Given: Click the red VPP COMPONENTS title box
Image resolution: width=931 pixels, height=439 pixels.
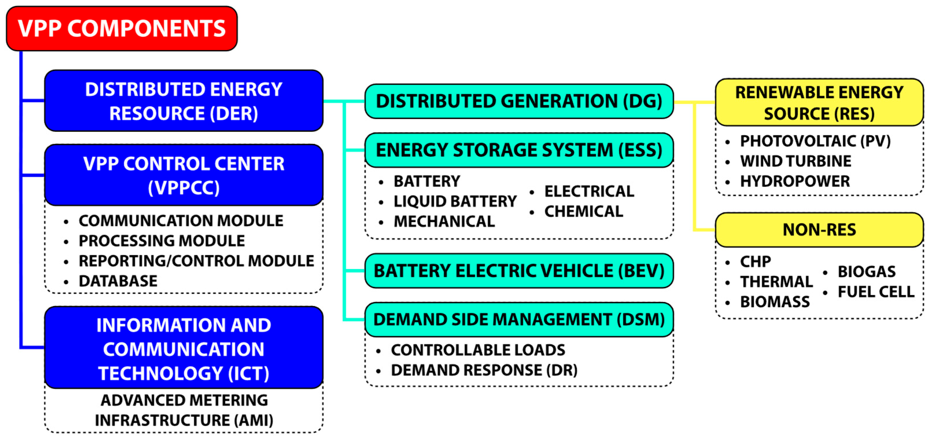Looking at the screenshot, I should click(x=122, y=29).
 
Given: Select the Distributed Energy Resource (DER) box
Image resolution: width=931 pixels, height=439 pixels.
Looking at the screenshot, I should click(x=184, y=101).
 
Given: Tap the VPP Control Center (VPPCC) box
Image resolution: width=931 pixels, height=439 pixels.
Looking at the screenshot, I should click(x=184, y=175).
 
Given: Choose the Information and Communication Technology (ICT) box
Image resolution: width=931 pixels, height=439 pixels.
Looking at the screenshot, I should click(x=184, y=348).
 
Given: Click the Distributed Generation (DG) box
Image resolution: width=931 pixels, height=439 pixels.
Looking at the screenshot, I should click(x=519, y=101).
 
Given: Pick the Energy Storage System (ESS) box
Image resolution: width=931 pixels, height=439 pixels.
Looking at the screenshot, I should click(x=519, y=150).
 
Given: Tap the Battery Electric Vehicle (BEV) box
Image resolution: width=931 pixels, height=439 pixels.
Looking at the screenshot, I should click(x=519, y=271).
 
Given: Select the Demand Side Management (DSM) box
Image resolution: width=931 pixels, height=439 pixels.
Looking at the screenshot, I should click(x=519, y=319).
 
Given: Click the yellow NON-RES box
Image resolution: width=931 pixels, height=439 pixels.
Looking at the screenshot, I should click(x=819, y=230).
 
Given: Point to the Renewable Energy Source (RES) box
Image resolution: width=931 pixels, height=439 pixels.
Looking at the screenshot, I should click(x=819, y=103).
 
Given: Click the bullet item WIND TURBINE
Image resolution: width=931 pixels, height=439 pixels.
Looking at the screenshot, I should click(x=795, y=161).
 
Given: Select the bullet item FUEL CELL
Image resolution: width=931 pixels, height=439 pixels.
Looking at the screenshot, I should click(x=876, y=292).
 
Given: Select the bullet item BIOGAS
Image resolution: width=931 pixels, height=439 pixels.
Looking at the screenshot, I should click(x=866, y=271).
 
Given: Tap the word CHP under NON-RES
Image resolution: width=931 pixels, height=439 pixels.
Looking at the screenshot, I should click(x=755, y=261).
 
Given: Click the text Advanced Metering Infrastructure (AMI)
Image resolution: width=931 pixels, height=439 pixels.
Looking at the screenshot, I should click(x=184, y=410).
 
